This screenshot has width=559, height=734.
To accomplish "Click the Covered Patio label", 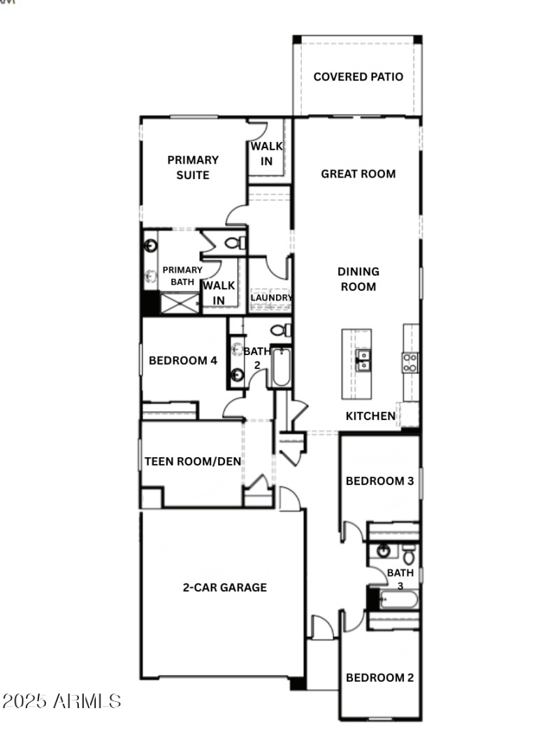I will point(358,77).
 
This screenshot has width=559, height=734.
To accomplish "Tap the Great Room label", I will point(358,174).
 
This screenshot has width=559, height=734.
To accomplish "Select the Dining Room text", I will point(358,279).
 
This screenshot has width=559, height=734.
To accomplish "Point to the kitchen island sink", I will point(363,360).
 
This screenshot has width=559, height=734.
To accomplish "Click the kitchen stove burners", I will point(410,361).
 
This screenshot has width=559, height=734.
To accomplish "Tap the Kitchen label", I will point(370,416).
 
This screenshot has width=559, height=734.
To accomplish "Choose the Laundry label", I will point(270,297).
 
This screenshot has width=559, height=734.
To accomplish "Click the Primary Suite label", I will point(193,168).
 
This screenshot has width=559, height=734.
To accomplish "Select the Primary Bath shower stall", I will point(179,303).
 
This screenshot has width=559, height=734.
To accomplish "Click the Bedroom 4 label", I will point(183,361).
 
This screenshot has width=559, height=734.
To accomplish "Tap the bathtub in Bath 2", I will point(280,368).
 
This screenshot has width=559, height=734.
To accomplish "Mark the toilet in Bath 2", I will point(282,330).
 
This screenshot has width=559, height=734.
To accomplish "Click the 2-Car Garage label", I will point(224,587).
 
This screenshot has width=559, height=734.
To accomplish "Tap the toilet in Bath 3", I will point(409,555).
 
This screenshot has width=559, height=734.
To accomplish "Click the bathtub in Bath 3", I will point(398,599).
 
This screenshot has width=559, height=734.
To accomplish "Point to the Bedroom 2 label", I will point(380,677).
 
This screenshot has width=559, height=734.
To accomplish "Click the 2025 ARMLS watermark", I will point(61,701).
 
